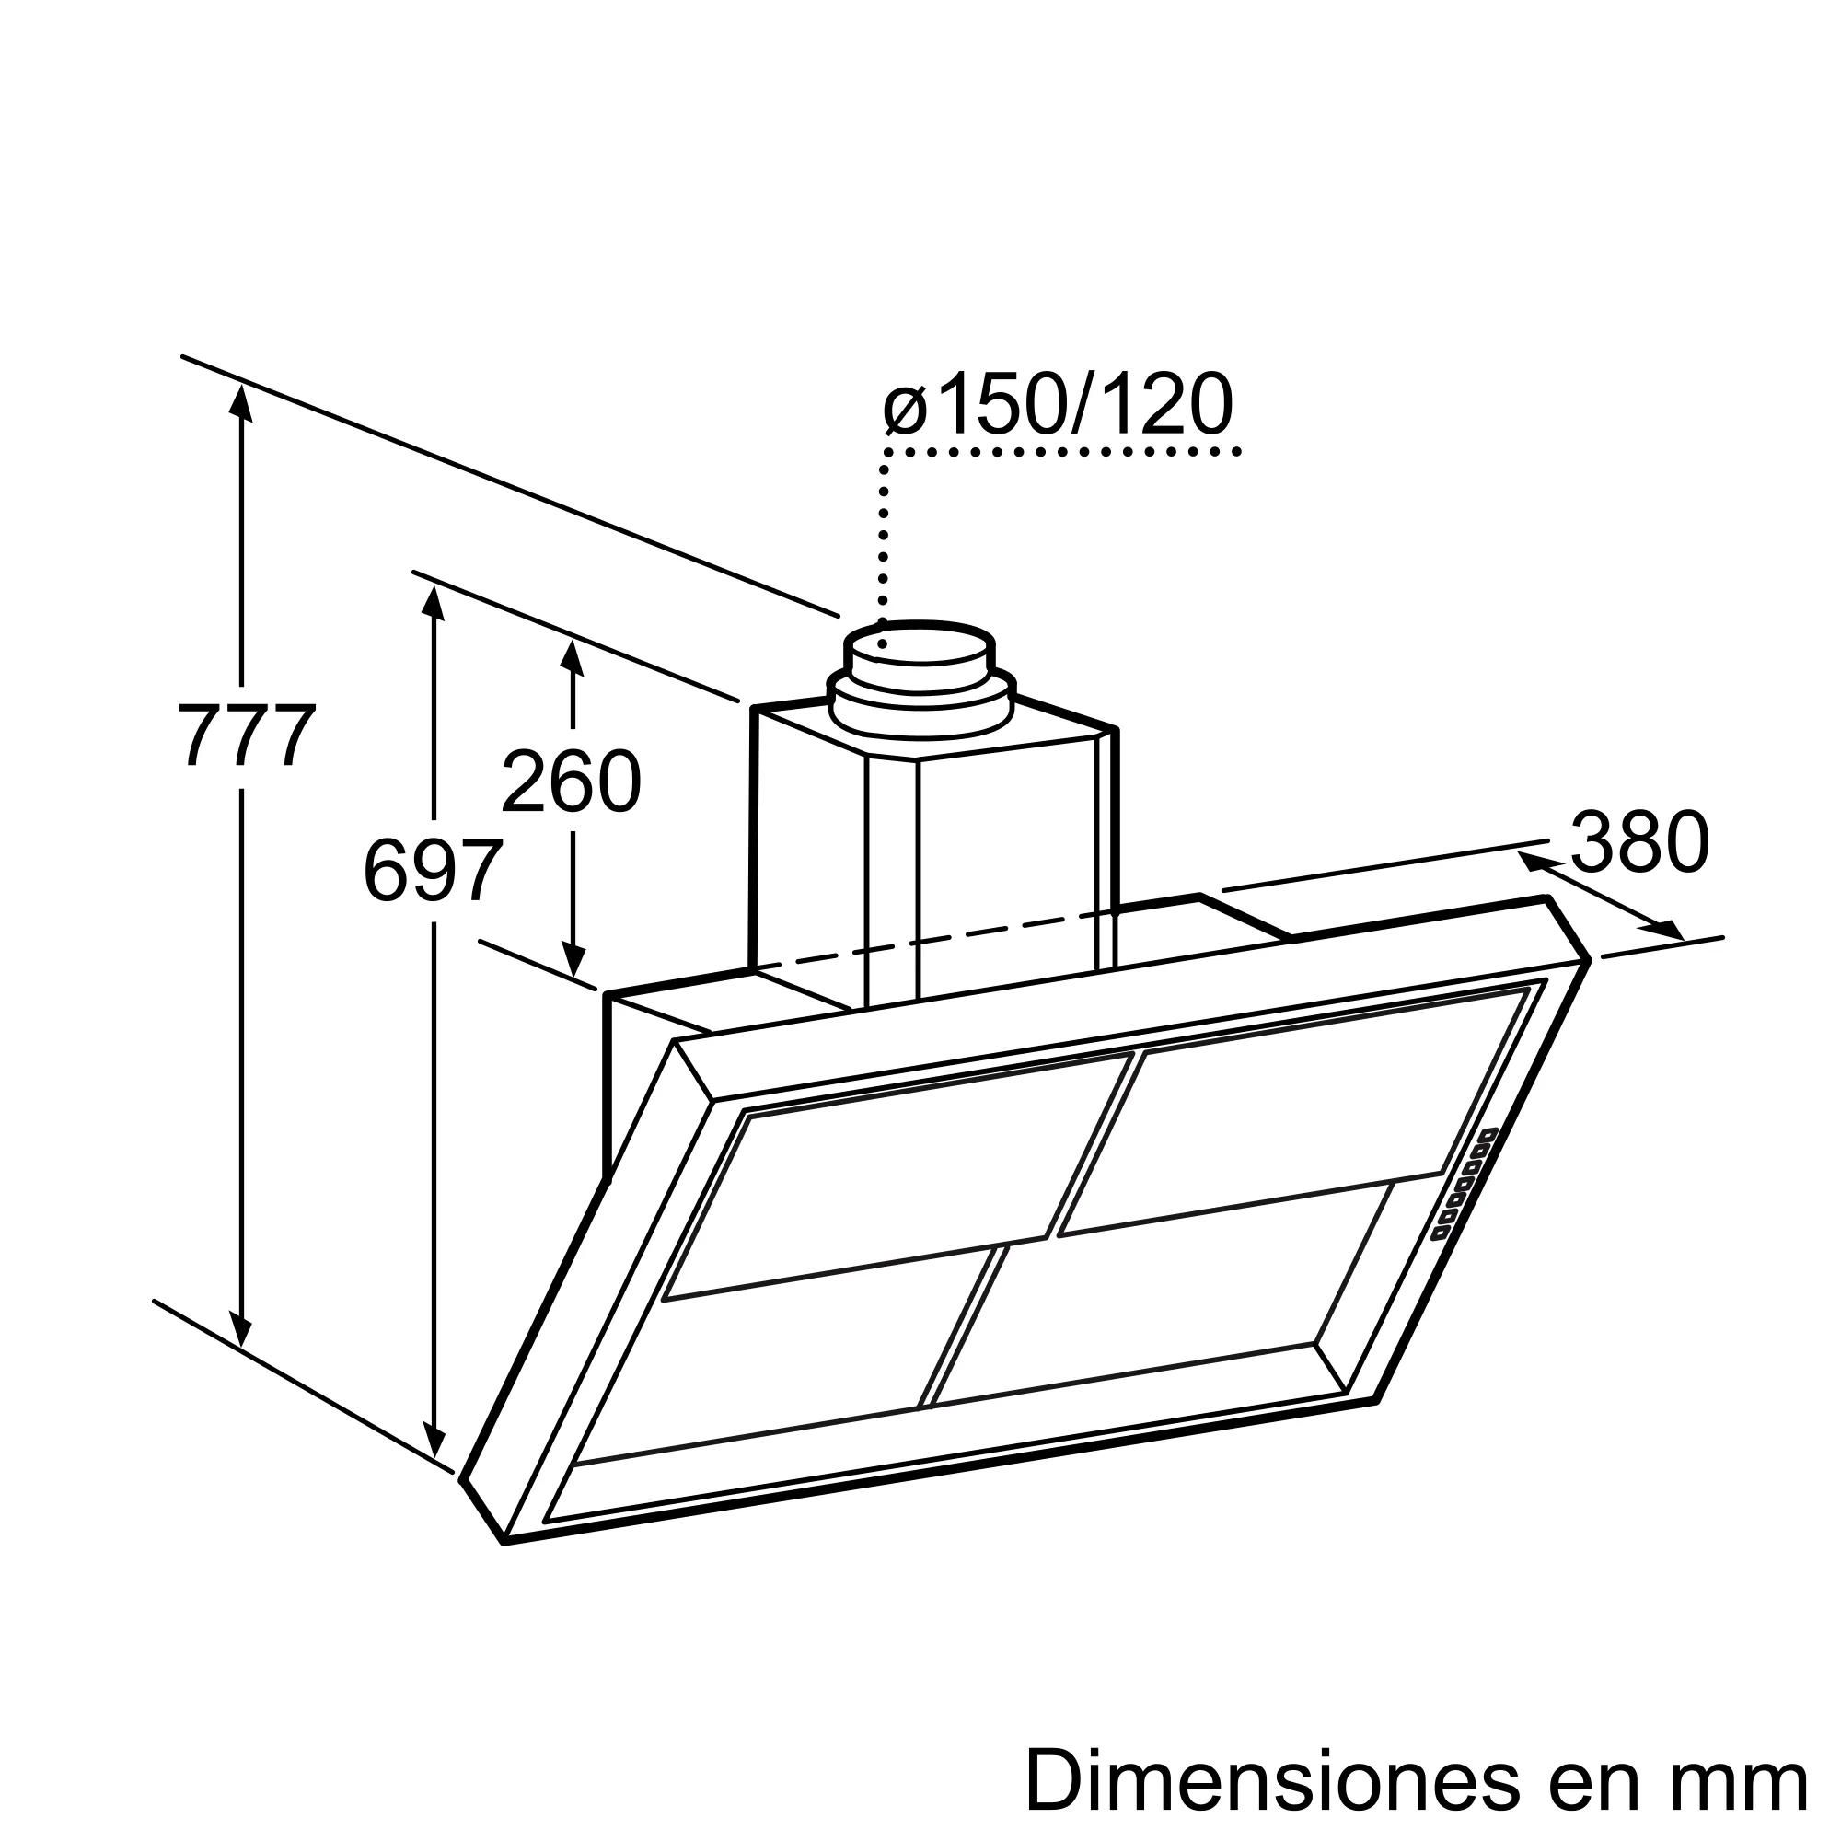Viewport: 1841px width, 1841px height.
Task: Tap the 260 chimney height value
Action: pos(571,782)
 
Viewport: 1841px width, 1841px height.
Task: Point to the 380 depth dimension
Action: pos(1640,842)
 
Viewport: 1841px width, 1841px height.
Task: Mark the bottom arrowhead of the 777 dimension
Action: pos(241,1332)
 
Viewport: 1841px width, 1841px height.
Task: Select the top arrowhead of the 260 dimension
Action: pos(572,657)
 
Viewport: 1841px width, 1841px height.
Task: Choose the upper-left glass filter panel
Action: pos(896,1176)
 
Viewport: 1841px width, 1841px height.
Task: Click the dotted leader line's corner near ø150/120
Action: pos(886,452)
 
